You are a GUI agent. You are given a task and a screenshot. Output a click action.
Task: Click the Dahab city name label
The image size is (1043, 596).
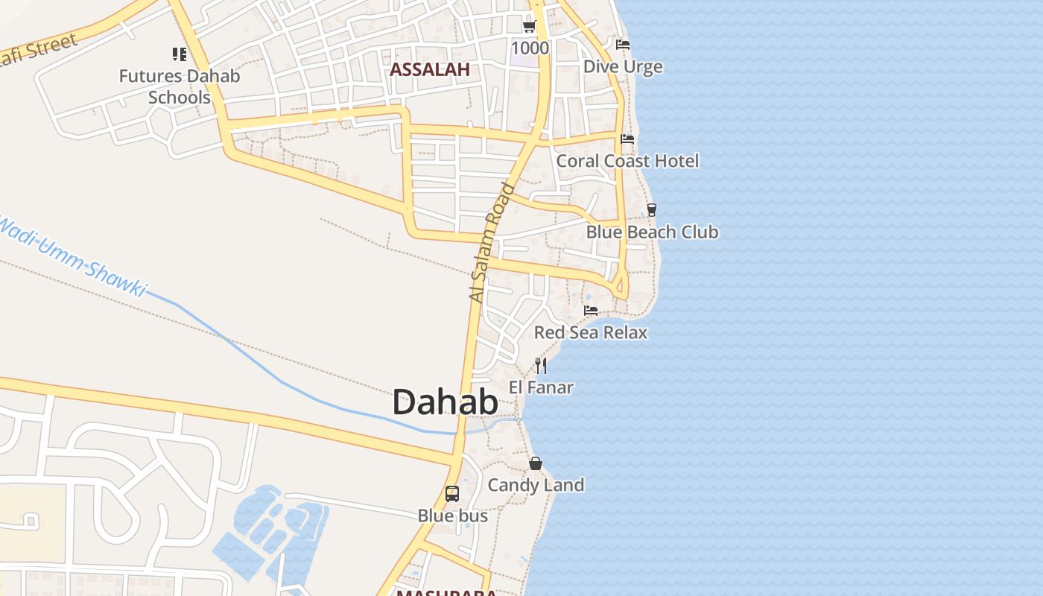pos(445,402)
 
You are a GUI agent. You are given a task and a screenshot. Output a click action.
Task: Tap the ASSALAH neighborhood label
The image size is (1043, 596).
pos(430,70)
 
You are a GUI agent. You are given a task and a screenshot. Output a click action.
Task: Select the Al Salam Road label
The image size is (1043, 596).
pos(492,242)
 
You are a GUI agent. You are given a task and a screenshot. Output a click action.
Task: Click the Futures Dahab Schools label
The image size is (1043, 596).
pos(180,86)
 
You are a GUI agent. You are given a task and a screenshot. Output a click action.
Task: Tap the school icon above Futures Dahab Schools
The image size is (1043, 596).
pos(180,54)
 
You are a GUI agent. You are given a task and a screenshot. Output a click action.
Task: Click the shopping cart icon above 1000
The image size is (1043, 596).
pos(529,27)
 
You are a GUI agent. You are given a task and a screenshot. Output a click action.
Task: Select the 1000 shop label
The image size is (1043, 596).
pos(530,48)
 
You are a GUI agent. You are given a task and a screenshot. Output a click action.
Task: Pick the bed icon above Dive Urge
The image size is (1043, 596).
pos(623,45)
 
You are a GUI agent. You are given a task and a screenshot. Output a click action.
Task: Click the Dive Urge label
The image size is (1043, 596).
pos(623,67)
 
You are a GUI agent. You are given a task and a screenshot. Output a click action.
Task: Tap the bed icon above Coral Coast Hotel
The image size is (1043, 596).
pos(627,139)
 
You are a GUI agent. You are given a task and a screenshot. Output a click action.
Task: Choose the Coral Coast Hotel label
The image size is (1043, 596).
pos(627,161)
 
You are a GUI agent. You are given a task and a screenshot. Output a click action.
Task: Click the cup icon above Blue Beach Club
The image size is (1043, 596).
pos(652,210)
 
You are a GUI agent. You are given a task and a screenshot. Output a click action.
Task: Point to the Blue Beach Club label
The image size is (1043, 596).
pos(652,232)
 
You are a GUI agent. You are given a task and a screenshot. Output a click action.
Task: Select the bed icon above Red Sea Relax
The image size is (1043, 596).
pos(591,310)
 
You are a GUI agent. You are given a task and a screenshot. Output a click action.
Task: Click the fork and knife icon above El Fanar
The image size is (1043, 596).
pos(541,365)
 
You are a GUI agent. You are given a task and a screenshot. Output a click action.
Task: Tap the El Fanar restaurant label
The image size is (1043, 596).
pos(541,387)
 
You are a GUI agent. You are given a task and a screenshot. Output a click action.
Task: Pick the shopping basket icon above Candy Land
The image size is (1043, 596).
pos(535,463)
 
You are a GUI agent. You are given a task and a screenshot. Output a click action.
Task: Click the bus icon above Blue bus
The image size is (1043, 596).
pos(452,493)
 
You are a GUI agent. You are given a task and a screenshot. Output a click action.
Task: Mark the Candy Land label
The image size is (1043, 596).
pos(535,485)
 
